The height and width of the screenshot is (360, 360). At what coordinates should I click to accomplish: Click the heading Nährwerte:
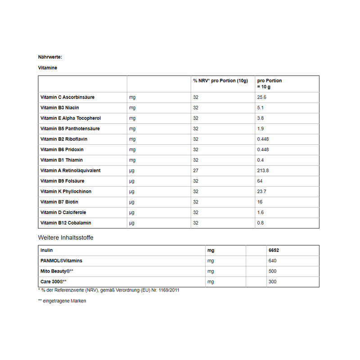pos(50,57)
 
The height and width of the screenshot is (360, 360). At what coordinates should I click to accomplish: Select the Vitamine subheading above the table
pos(48,68)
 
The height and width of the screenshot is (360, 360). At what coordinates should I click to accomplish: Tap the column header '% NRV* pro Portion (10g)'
pos(220,81)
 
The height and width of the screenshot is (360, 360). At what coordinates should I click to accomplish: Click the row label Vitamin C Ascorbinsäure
pos(67,97)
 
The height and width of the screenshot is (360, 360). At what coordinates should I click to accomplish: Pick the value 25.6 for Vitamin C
pos(262,97)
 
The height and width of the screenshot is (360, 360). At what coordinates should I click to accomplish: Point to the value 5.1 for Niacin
pos(261,108)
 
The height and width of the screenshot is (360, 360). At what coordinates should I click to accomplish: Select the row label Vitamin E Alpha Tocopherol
pos(71,118)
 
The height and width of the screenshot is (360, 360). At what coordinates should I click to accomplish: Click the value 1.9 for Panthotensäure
pos(261,129)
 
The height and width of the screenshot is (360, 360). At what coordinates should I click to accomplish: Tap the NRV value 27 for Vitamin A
pos(196,171)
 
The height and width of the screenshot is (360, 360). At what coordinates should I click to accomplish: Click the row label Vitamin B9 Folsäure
pos(63,181)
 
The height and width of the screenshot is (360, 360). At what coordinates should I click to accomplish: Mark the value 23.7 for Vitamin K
pos(262,191)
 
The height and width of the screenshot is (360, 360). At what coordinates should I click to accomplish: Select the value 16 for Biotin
pos(260,202)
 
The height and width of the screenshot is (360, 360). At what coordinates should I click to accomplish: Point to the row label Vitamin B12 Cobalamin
pos(66,223)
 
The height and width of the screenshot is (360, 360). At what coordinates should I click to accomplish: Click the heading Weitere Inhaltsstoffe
pos(66,237)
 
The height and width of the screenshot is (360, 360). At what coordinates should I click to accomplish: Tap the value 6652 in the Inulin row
pos(274,250)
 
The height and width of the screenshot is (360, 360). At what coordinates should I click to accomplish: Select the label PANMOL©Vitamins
pos(61,261)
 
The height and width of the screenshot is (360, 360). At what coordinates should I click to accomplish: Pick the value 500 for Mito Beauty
pos(272,271)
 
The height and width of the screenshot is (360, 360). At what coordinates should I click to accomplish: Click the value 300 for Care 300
pos(272,282)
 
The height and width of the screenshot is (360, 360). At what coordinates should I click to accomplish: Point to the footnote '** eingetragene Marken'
pos(62,301)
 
